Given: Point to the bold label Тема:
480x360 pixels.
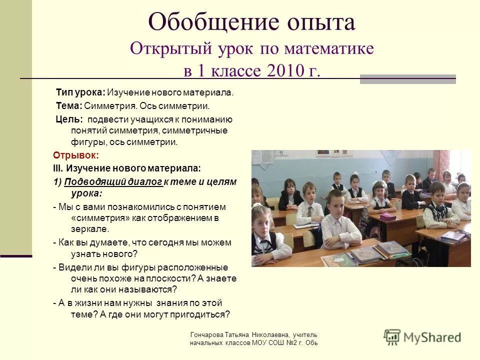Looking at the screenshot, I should point(69,105).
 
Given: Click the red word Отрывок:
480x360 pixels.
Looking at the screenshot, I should point(76,155).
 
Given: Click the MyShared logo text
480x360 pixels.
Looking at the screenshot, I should point(432,337).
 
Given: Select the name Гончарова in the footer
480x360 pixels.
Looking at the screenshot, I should point(207,334).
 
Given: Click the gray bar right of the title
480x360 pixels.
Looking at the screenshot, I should point(408,79).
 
